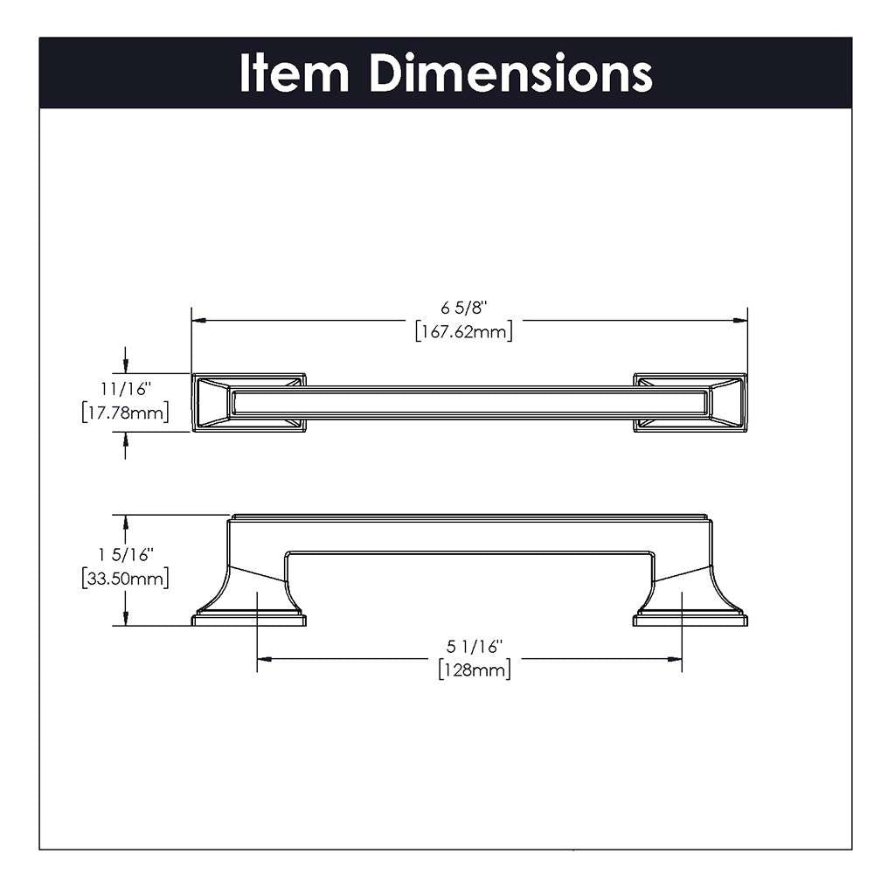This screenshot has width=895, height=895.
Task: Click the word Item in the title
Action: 295,73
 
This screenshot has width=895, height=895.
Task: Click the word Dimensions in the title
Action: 510,73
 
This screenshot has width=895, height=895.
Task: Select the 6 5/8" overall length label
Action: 463,307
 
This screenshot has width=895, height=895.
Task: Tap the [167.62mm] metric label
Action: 463,331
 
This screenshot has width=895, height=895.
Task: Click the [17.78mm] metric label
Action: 123,412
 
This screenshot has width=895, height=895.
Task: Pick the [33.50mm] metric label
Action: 123,578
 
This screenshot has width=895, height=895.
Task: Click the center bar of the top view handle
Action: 470,403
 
